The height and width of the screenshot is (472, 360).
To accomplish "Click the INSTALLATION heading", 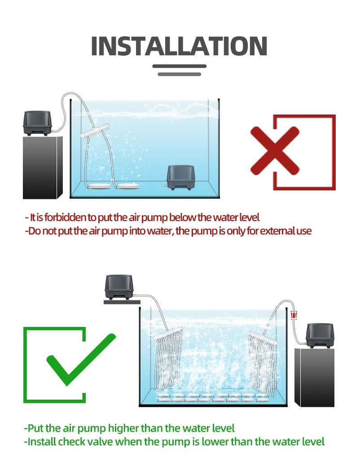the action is [x=179, y=46].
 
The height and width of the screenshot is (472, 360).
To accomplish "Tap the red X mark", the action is [x=275, y=150].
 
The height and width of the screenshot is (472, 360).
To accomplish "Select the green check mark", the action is [x=81, y=360].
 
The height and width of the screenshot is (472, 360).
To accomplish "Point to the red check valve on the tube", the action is [x=293, y=315].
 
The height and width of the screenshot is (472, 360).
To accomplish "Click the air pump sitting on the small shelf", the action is [x=119, y=287].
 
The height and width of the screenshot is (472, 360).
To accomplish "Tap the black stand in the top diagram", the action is [x=43, y=168].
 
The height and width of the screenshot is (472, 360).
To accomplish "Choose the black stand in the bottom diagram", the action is [x=315, y=378].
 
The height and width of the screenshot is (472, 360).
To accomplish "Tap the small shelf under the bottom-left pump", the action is [x=122, y=302].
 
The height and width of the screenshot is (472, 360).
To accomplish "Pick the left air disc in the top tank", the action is [x=97, y=186].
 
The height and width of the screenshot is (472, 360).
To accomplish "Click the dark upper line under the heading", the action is [x=179, y=66].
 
